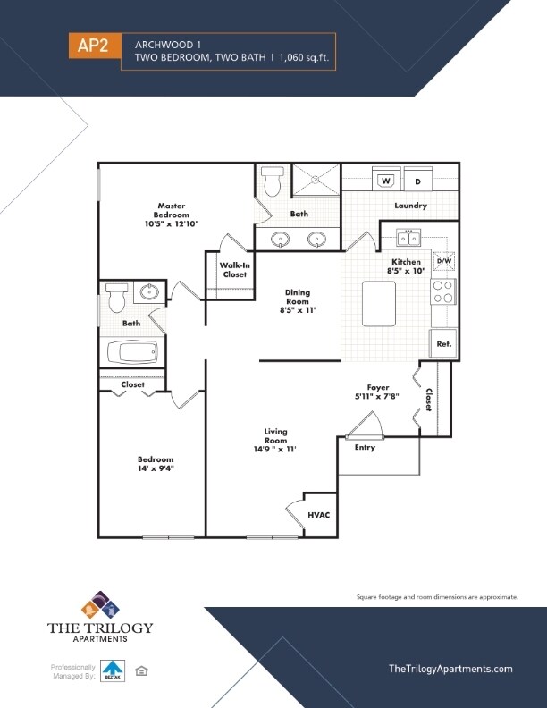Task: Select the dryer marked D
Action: [417, 181]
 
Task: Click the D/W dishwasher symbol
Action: [444, 261]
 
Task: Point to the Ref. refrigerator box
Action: [442, 343]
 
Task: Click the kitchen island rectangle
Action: [378, 303]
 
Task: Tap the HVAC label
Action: [319, 515]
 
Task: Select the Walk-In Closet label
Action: [234, 270]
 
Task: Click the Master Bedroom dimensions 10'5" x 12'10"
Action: [171, 224]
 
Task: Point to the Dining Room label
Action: [298, 297]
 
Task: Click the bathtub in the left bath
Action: [131, 351]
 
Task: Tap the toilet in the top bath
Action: [273, 183]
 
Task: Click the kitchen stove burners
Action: [443, 291]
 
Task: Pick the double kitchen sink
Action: [408, 238]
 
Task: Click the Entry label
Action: [365, 447]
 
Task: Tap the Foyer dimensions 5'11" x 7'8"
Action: [377, 397]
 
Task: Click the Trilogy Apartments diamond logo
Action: [100, 605]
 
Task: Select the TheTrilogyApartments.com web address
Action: [450, 669]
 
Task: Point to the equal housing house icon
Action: [140, 670]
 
